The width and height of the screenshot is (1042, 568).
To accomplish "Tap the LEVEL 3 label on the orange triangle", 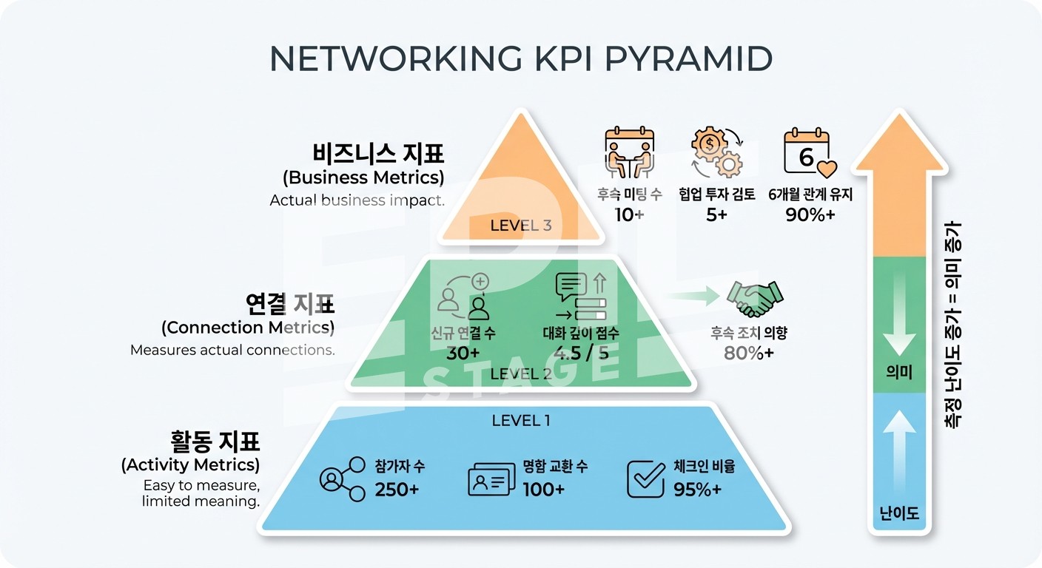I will pos(521,226).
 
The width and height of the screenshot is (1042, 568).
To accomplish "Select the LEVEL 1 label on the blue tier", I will pos(521,421).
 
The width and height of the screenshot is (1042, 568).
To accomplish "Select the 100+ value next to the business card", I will pos(544,490).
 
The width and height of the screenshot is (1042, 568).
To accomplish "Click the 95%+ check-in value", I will pos(698,490).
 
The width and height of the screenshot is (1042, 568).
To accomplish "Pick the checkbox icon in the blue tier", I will pos(645,479).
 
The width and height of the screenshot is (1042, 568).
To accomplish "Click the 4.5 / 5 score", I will pos(581,353).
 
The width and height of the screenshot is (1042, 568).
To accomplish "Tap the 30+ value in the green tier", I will pos(463,353).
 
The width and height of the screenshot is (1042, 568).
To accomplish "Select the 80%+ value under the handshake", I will pos(749,353).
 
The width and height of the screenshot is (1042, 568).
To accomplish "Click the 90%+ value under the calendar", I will pos(810,214).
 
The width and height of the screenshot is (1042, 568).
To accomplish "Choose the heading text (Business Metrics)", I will pos(363,177).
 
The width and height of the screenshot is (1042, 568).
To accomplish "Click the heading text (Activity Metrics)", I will pos(190,465).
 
